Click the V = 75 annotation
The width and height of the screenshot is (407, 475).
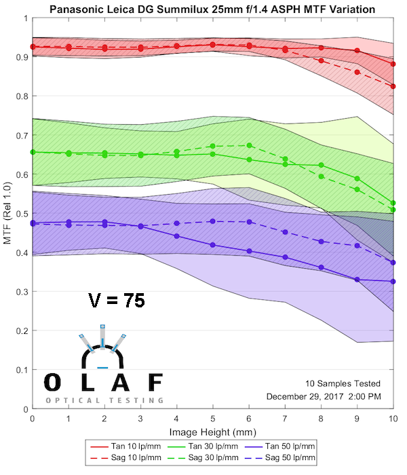coord(116,301)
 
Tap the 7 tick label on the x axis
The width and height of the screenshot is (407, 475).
coord(285,420)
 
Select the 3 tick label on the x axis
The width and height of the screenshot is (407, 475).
coord(140,420)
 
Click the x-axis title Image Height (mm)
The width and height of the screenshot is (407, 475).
coord(213,431)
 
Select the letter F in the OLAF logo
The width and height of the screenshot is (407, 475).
coord(155,382)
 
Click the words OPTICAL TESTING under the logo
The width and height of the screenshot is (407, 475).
coord(104,400)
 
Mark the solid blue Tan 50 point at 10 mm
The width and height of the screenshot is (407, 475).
coord(393,282)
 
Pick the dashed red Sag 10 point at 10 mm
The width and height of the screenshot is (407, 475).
coord(393,86)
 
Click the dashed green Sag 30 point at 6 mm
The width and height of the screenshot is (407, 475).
coord(249,145)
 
